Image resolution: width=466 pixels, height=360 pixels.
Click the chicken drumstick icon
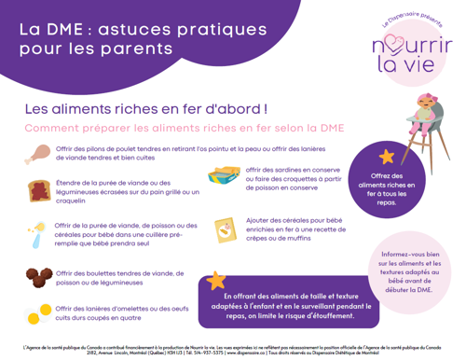41,154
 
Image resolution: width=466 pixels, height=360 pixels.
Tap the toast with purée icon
41,190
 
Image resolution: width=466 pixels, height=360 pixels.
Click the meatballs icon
41,277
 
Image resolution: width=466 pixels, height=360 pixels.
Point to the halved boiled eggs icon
41,312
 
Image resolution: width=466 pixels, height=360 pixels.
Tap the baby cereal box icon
227,229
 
